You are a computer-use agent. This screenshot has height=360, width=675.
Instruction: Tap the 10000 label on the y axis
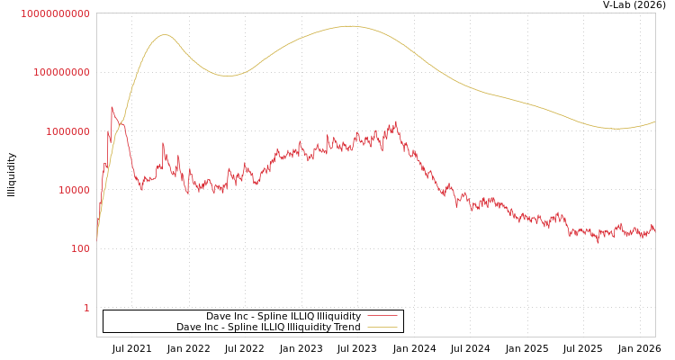(x=74, y=190)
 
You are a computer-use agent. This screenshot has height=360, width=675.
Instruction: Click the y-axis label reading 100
(x=80, y=249)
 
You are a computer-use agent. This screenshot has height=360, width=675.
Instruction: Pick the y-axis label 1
(x=86, y=308)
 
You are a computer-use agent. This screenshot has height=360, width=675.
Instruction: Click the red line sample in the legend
(x=382, y=317)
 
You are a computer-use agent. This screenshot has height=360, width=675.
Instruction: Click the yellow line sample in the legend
(x=382, y=328)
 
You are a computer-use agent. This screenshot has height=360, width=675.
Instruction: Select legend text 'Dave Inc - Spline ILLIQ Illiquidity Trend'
(x=268, y=328)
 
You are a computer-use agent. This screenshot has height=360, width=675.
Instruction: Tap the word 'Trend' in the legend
(x=346, y=328)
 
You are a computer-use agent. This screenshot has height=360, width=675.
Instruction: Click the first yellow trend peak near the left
(x=165, y=35)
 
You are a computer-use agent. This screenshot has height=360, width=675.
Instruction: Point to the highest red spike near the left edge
(x=112, y=107)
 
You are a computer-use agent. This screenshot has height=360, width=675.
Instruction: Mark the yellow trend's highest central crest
(x=349, y=26)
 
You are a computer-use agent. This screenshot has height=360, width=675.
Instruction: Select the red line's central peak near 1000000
(x=395, y=122)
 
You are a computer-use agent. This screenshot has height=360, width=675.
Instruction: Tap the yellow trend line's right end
(x=654, y=121)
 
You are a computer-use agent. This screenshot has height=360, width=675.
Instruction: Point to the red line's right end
(x=654, y=231)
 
